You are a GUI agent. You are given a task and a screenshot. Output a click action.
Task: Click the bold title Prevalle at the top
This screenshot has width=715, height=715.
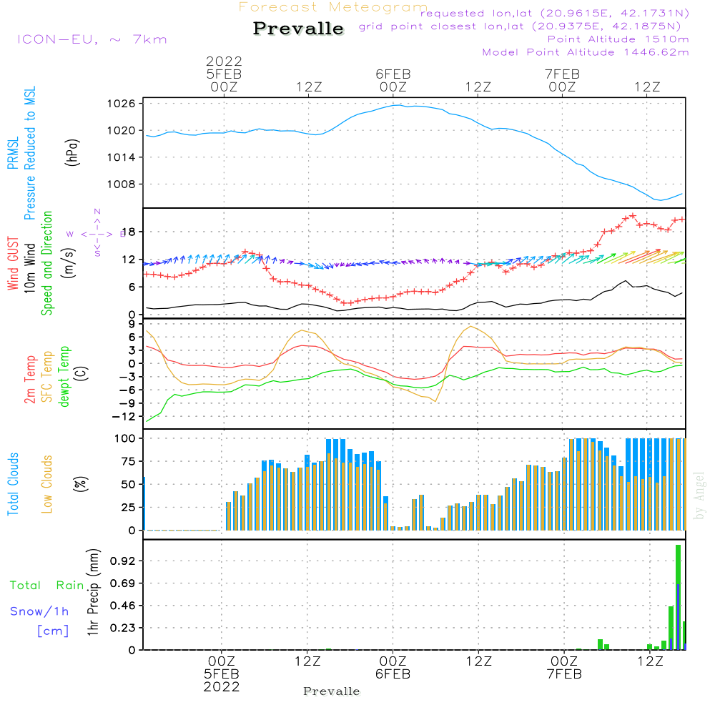pyautogui.click(x=298, y=29)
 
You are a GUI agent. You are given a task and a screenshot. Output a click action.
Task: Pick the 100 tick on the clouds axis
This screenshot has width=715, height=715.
pyautogui.click(x=125, y=438)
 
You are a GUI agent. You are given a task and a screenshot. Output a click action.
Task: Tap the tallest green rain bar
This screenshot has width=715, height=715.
pyautogui.click(x=678, y=597)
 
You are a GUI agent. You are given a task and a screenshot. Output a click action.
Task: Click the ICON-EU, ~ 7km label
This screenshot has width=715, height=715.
pyautogui.click(x=92, y=39)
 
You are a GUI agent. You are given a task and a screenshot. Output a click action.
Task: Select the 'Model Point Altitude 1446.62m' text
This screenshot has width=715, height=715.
pyautogui.click(x=586, y=52)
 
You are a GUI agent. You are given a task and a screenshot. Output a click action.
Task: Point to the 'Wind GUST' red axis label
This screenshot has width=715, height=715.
pyautogui.click(x=14, y=264)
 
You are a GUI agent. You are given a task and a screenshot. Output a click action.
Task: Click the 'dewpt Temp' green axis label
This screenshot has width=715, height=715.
pyautogui.click(x=65, y=377)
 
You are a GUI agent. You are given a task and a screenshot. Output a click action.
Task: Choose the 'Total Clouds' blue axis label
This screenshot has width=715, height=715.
pyautogui.click(x=14, y=483)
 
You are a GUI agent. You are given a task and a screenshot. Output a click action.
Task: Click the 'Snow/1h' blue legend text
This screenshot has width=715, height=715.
pyautogui.click(x=40, y=611)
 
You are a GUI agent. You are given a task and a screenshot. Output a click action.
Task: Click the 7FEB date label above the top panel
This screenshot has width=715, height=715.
pyautogui.click(x=562, y=74)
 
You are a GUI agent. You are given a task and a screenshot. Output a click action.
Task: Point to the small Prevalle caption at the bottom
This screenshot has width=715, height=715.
pyautogui.click(x=332, y=691)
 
